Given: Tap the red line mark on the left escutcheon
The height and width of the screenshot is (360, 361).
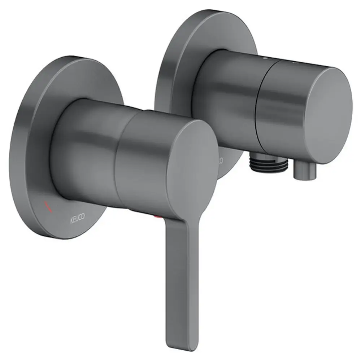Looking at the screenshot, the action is [48, 206].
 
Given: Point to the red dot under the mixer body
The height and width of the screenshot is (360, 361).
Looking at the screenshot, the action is [157, 216].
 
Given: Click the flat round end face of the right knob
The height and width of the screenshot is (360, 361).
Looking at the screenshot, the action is [329, 115].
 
